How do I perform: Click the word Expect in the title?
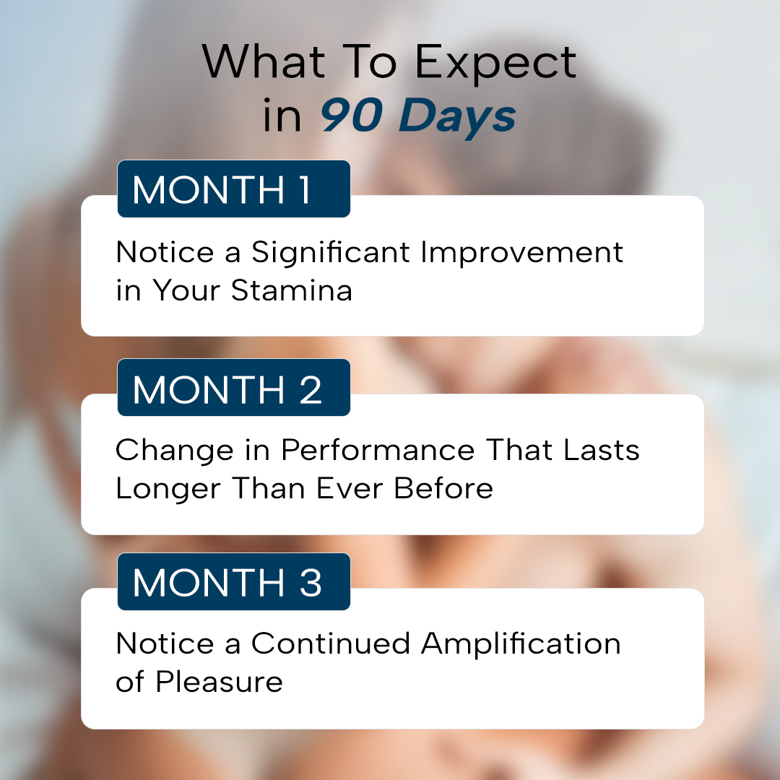pos(495,63)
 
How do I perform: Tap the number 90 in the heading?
pos(351,116)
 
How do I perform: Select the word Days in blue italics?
pos(457,118)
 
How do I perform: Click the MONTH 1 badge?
pos(234,188)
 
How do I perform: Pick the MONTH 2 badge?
pos(234,387)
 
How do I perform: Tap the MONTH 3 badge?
pos(234,581)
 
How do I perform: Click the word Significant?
pos(330,253)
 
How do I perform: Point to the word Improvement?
pos(522,253)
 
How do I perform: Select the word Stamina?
pos(292,290)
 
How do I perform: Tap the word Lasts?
pos(602,450)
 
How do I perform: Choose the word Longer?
pos(168,490)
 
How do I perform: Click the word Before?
pos(443,488)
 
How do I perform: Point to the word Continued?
pos(330,643)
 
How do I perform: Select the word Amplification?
pos(521,644)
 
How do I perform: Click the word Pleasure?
pos(219,682)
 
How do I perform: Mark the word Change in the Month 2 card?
pos(175,451)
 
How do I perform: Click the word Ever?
pos(350,488)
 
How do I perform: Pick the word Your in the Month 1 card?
pos(186,290)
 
